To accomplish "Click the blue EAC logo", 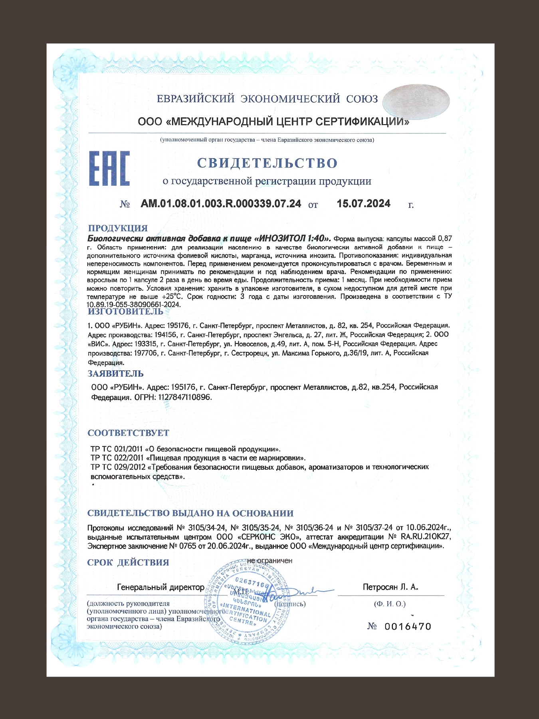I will [109, 168].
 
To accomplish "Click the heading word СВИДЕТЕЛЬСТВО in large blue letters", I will [267, 163].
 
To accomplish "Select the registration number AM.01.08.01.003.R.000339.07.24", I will [221, 204].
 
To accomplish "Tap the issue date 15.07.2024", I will [363, 204].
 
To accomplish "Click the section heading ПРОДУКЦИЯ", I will [118, 228].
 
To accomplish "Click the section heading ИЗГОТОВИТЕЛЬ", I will [125, 312].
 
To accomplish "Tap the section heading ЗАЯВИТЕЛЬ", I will [115, 374].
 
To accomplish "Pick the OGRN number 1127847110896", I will [184, 397].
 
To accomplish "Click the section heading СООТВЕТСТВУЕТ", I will [128, 433].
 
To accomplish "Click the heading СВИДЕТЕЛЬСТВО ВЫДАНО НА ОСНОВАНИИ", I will [190, 514].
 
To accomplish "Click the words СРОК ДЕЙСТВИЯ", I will [128, 562].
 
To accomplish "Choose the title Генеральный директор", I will [161, 587].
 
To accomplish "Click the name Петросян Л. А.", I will [390, 587].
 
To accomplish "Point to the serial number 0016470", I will [408, 626].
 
